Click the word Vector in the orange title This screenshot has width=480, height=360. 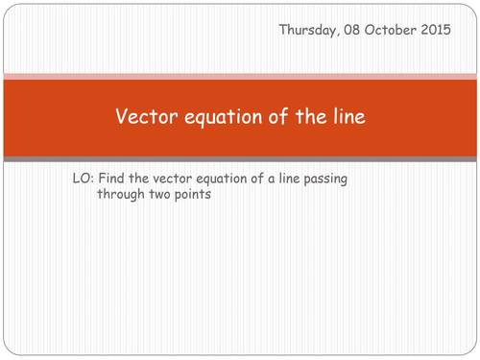[x=143, y=117]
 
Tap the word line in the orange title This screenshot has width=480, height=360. [x=347, y=117]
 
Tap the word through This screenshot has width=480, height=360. [x=123, y=194]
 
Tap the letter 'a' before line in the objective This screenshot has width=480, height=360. [x=301, y=179]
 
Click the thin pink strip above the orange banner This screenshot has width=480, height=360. [x=240, y=76]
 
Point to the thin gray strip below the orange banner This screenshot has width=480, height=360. [x=240, y=158]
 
